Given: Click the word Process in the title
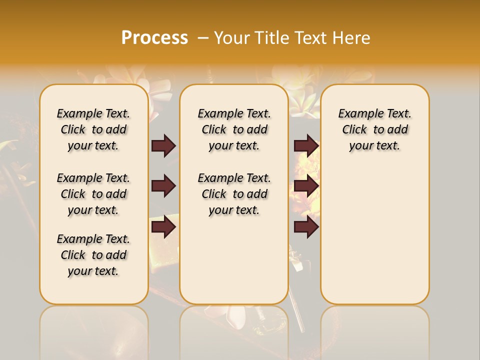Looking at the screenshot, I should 154,38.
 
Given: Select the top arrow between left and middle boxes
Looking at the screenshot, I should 163,145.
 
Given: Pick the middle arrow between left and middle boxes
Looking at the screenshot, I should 163,186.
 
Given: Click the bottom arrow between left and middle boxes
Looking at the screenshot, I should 163,227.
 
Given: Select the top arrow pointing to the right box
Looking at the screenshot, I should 306,145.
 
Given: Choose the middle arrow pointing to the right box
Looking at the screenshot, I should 306,186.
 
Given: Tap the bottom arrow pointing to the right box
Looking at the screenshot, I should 306,227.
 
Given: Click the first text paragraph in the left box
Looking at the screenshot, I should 93,129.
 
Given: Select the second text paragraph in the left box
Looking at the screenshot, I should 93,194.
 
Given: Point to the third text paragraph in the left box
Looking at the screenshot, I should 93,255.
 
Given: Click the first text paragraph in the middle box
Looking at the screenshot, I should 234,129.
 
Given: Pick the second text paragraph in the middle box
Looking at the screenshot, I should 234,194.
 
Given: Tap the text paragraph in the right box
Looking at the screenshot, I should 374,129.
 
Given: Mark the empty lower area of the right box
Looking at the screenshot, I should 374,230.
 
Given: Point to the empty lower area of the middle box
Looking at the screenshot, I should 234,260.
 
